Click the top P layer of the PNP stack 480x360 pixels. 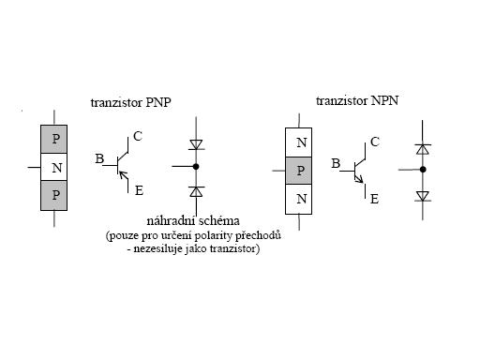click(x=53, y=139)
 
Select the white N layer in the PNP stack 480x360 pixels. click(x=53, y=167)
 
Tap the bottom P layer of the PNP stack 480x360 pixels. click(x=53, y=195)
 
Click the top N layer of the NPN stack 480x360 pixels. click(x=298, y=142)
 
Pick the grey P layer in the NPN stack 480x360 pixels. click(x=298, y=171)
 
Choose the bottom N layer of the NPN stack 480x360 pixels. click(x=298, y=199)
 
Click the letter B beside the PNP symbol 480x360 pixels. click(x=99, y=158)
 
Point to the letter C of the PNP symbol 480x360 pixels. click(x=138, y=136)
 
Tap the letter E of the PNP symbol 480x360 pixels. click(x=139, y=190)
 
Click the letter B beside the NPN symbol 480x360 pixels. click(x=336, y=163)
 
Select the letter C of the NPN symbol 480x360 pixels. click(x=375, y=142)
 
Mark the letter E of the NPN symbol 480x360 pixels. click(x=374, y=199)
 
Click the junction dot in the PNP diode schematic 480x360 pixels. click(x=196, y=167)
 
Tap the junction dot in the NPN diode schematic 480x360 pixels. click(x=423, y=170)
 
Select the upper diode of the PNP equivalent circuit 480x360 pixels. click(x=196, y=144)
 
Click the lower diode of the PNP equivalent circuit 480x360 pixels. click(x=196, y=191)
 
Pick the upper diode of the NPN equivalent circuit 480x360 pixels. click(x=423, y=149)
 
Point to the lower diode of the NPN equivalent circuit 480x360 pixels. click(x=423, y=196)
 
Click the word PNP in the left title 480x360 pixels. click(x=158, y=102)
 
